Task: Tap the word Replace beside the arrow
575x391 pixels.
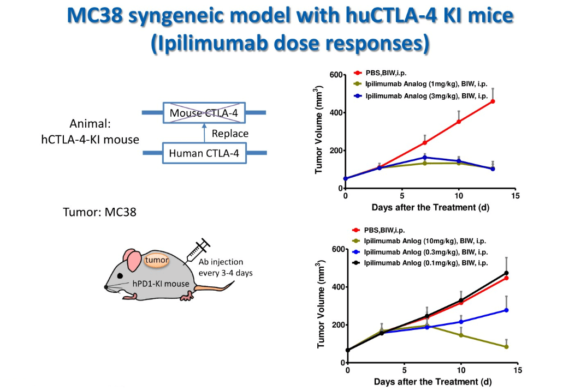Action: click(x=230, y=134)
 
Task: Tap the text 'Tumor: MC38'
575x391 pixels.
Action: click(x=100, y=212)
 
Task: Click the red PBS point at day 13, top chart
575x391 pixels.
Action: click(x=493, y=101)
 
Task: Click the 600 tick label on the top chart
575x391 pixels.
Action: click(x=335, y=75)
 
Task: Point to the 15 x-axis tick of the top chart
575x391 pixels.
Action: click(x=515, y=196)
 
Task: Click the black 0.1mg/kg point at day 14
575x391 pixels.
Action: click(x=506, y=273)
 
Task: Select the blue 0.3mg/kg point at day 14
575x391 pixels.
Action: click(x=506, y=310)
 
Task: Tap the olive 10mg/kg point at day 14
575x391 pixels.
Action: click(x=506, y=347)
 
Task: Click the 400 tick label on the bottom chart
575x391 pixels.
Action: click(x=337, y=287)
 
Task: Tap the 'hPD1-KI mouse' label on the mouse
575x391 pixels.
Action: click(x=163, y=284)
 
